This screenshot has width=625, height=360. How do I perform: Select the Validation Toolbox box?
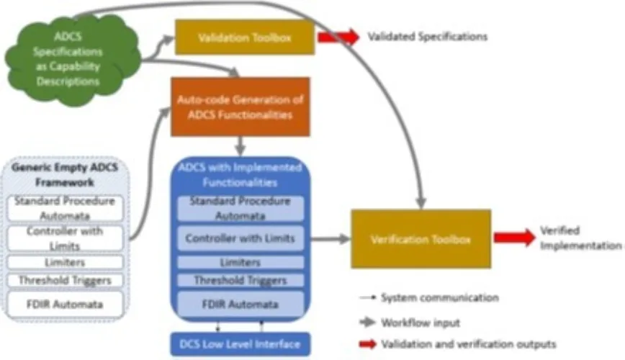(245, 37)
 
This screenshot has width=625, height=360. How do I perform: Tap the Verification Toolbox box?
(421, 239)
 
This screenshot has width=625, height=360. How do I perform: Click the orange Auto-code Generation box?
(240, 107)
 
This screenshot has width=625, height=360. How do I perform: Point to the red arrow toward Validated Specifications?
(338, 37)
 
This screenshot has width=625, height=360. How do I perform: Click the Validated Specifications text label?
(428, 36)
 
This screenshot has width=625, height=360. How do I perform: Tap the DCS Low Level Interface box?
(240, 343)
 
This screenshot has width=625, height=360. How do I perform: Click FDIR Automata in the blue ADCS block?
(240, 303)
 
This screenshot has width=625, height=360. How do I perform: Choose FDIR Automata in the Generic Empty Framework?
(64, 304)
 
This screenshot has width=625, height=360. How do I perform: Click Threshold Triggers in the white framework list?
(64, 280)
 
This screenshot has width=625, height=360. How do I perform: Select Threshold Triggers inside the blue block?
(240, 280)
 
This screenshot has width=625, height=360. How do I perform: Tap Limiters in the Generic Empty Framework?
(64, 263)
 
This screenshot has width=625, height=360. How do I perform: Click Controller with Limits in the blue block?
(240, 238)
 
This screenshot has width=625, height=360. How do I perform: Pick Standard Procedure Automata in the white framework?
(64, 207)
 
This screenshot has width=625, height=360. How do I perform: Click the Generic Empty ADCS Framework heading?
(65, 176)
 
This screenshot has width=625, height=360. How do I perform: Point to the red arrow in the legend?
(368, 344)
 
